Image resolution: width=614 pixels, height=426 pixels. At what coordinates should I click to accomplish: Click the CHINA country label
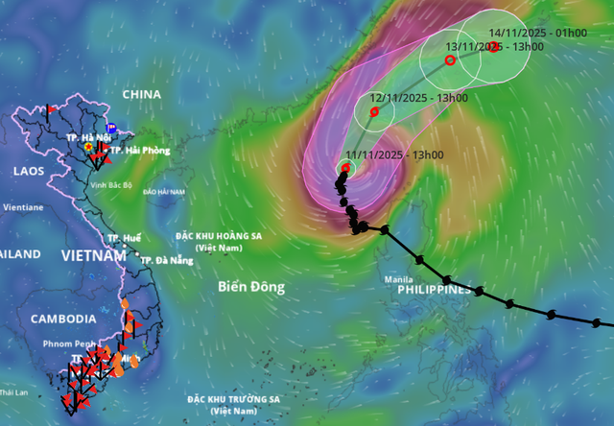pos(141,95)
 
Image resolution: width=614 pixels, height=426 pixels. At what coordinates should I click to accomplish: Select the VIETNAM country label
pos(93,256)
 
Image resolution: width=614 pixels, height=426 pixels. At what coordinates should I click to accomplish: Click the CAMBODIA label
pos(63,319)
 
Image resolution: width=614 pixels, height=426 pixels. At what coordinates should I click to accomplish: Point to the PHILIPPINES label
pos(437,289)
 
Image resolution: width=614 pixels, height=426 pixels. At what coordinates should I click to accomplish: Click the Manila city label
pos(399,279)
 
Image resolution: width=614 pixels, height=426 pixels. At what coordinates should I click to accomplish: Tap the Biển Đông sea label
pos(251,286)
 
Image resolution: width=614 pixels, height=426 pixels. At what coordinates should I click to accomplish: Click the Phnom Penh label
pos(69,343)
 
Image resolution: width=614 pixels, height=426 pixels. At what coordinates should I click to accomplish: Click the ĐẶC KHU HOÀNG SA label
pos(220,235)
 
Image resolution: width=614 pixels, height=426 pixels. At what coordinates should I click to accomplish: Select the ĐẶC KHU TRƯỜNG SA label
pos(234,399)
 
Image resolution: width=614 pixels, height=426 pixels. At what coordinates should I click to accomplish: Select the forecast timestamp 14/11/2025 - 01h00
pos(537,33)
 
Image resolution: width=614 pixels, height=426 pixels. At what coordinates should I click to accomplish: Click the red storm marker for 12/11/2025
pos(374,111)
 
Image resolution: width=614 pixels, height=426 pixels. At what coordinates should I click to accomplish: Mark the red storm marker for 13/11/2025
pos(450,59)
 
